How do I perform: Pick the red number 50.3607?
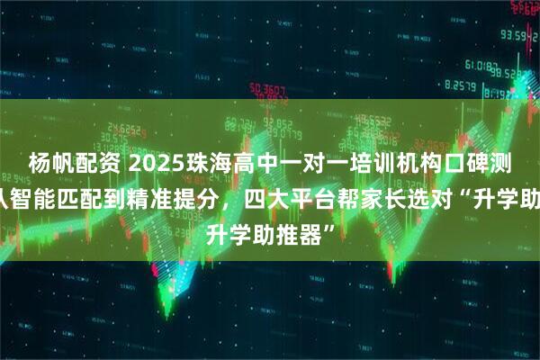pyautogui.click(x=269, y=88)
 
